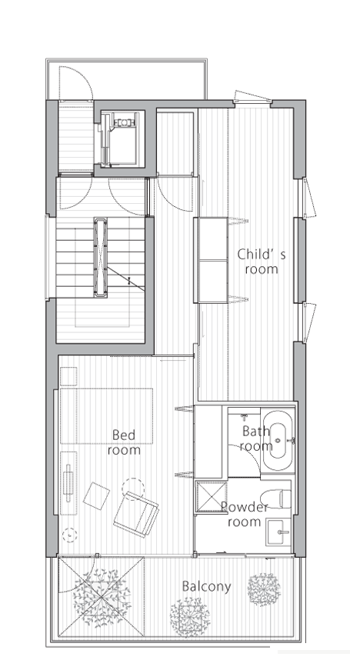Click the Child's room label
(262, 262)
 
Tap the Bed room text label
(124, 442)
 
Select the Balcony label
(206, 586)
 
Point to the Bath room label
(256, 438)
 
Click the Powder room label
(245, 514)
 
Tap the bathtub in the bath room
(278, 441)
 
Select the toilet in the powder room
(276, 498)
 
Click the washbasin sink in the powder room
(278, 532)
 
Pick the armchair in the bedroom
(136, 515)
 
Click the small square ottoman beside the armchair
(96, 496)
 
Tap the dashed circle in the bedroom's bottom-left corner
(69, 535)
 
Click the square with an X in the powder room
(212, 497)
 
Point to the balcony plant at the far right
(264, 589)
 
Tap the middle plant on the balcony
(190, 617)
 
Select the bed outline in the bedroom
(106, 416)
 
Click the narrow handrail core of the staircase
(101, 257)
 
